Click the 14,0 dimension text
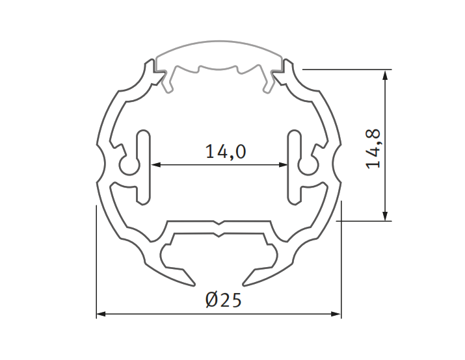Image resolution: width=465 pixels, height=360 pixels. (x=225, y=152)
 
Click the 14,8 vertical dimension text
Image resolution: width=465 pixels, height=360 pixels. (x=373, y=149)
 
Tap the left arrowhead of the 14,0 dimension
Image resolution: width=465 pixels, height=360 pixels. (x=156, y=165)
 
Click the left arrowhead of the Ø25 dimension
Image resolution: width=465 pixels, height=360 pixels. (x=101, y=315)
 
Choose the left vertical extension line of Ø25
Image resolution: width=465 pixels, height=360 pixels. (x=96, y=260)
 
